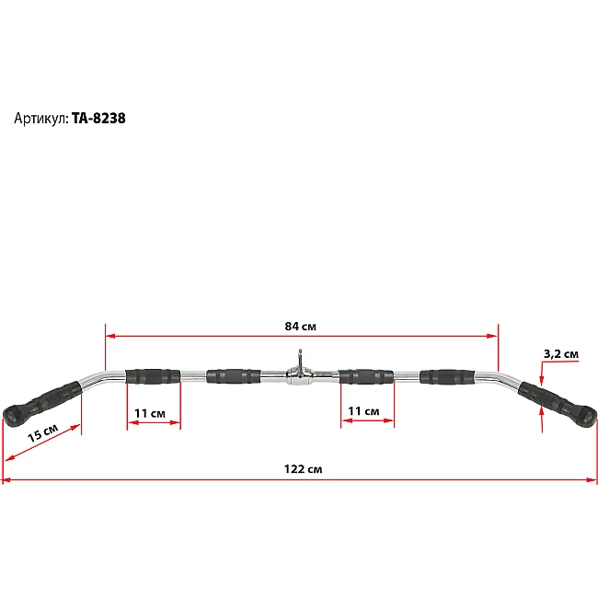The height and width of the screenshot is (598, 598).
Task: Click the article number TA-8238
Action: (98, 119)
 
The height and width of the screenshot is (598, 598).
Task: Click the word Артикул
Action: (41, 119)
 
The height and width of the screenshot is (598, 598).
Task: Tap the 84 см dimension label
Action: (301, 327)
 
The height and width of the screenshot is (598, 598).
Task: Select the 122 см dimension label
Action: (303, 468)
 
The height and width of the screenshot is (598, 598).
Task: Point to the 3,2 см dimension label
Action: (561, 354)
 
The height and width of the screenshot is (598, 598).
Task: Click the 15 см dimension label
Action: (42, 432)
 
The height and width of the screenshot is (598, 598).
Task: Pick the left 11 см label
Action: (150, 413)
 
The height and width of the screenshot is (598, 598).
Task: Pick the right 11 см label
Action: (363, 411)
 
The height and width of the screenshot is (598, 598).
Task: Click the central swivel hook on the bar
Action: (300, 371)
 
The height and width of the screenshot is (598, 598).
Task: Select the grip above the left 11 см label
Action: (153, 376)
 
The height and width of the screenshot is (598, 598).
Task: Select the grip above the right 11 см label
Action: (366, 376)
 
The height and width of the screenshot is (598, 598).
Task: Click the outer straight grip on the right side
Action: (447, 376)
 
